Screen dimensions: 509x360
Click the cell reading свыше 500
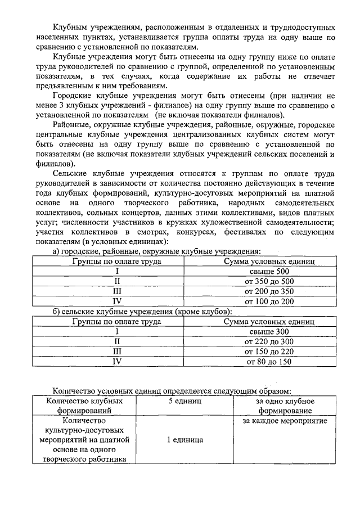[269, 272]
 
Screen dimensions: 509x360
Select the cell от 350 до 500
[269, 281]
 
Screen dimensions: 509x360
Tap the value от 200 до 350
[269, 291]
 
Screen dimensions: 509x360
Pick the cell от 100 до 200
[269, 301]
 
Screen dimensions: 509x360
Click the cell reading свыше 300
[269, 332]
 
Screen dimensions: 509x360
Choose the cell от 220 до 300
[269, 341]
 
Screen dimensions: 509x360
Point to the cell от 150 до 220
[269, 352]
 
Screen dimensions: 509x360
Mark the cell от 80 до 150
[269, 362]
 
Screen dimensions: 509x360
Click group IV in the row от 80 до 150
[117, 362]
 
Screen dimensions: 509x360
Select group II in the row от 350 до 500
[117, 281]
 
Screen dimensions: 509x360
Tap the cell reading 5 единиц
[185, 402]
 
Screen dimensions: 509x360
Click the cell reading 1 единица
[185, 440]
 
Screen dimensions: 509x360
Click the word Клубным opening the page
[71, 27]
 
